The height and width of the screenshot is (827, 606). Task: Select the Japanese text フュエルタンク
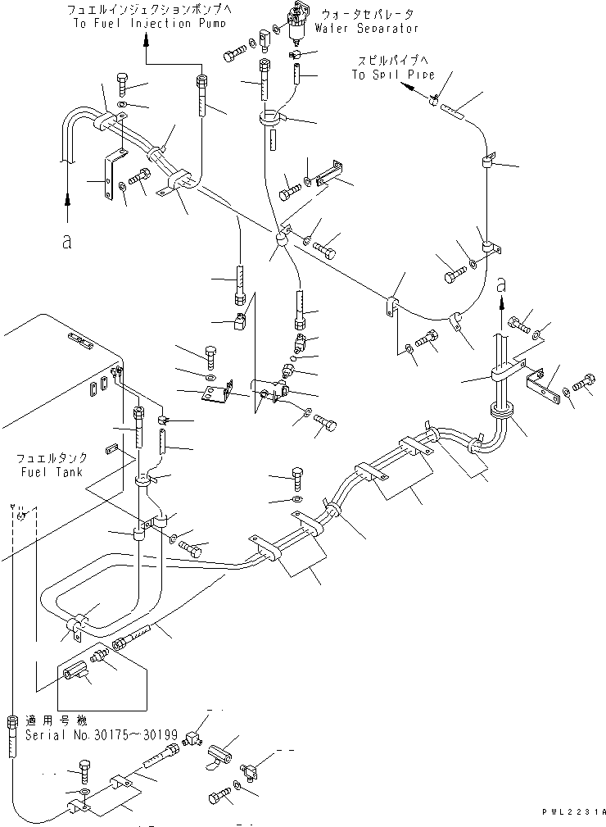pyautogui.click(x=50, y=460)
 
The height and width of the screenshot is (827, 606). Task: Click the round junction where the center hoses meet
pyautogui.click(x=280, y=239)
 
